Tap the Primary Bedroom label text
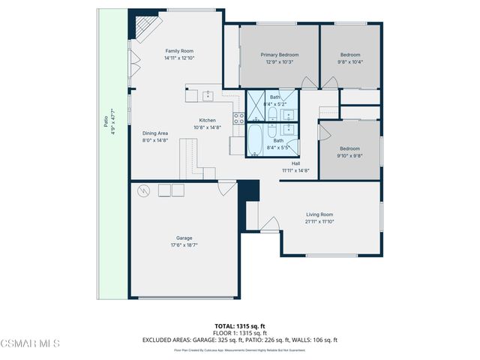(279, 55)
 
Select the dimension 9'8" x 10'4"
(350, 62)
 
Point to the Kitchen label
(207, 120)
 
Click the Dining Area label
(155, 133)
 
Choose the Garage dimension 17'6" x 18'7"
(184, 245)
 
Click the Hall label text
(295, 163)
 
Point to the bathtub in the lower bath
(255, 140)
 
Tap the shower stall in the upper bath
(256, 105)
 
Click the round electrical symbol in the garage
(143, 191)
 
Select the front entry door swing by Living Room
(271, 223)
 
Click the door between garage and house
(226, 188)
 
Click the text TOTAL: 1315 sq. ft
(239, 325)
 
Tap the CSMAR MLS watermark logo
(30, 344)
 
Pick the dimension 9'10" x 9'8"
(350, 156)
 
